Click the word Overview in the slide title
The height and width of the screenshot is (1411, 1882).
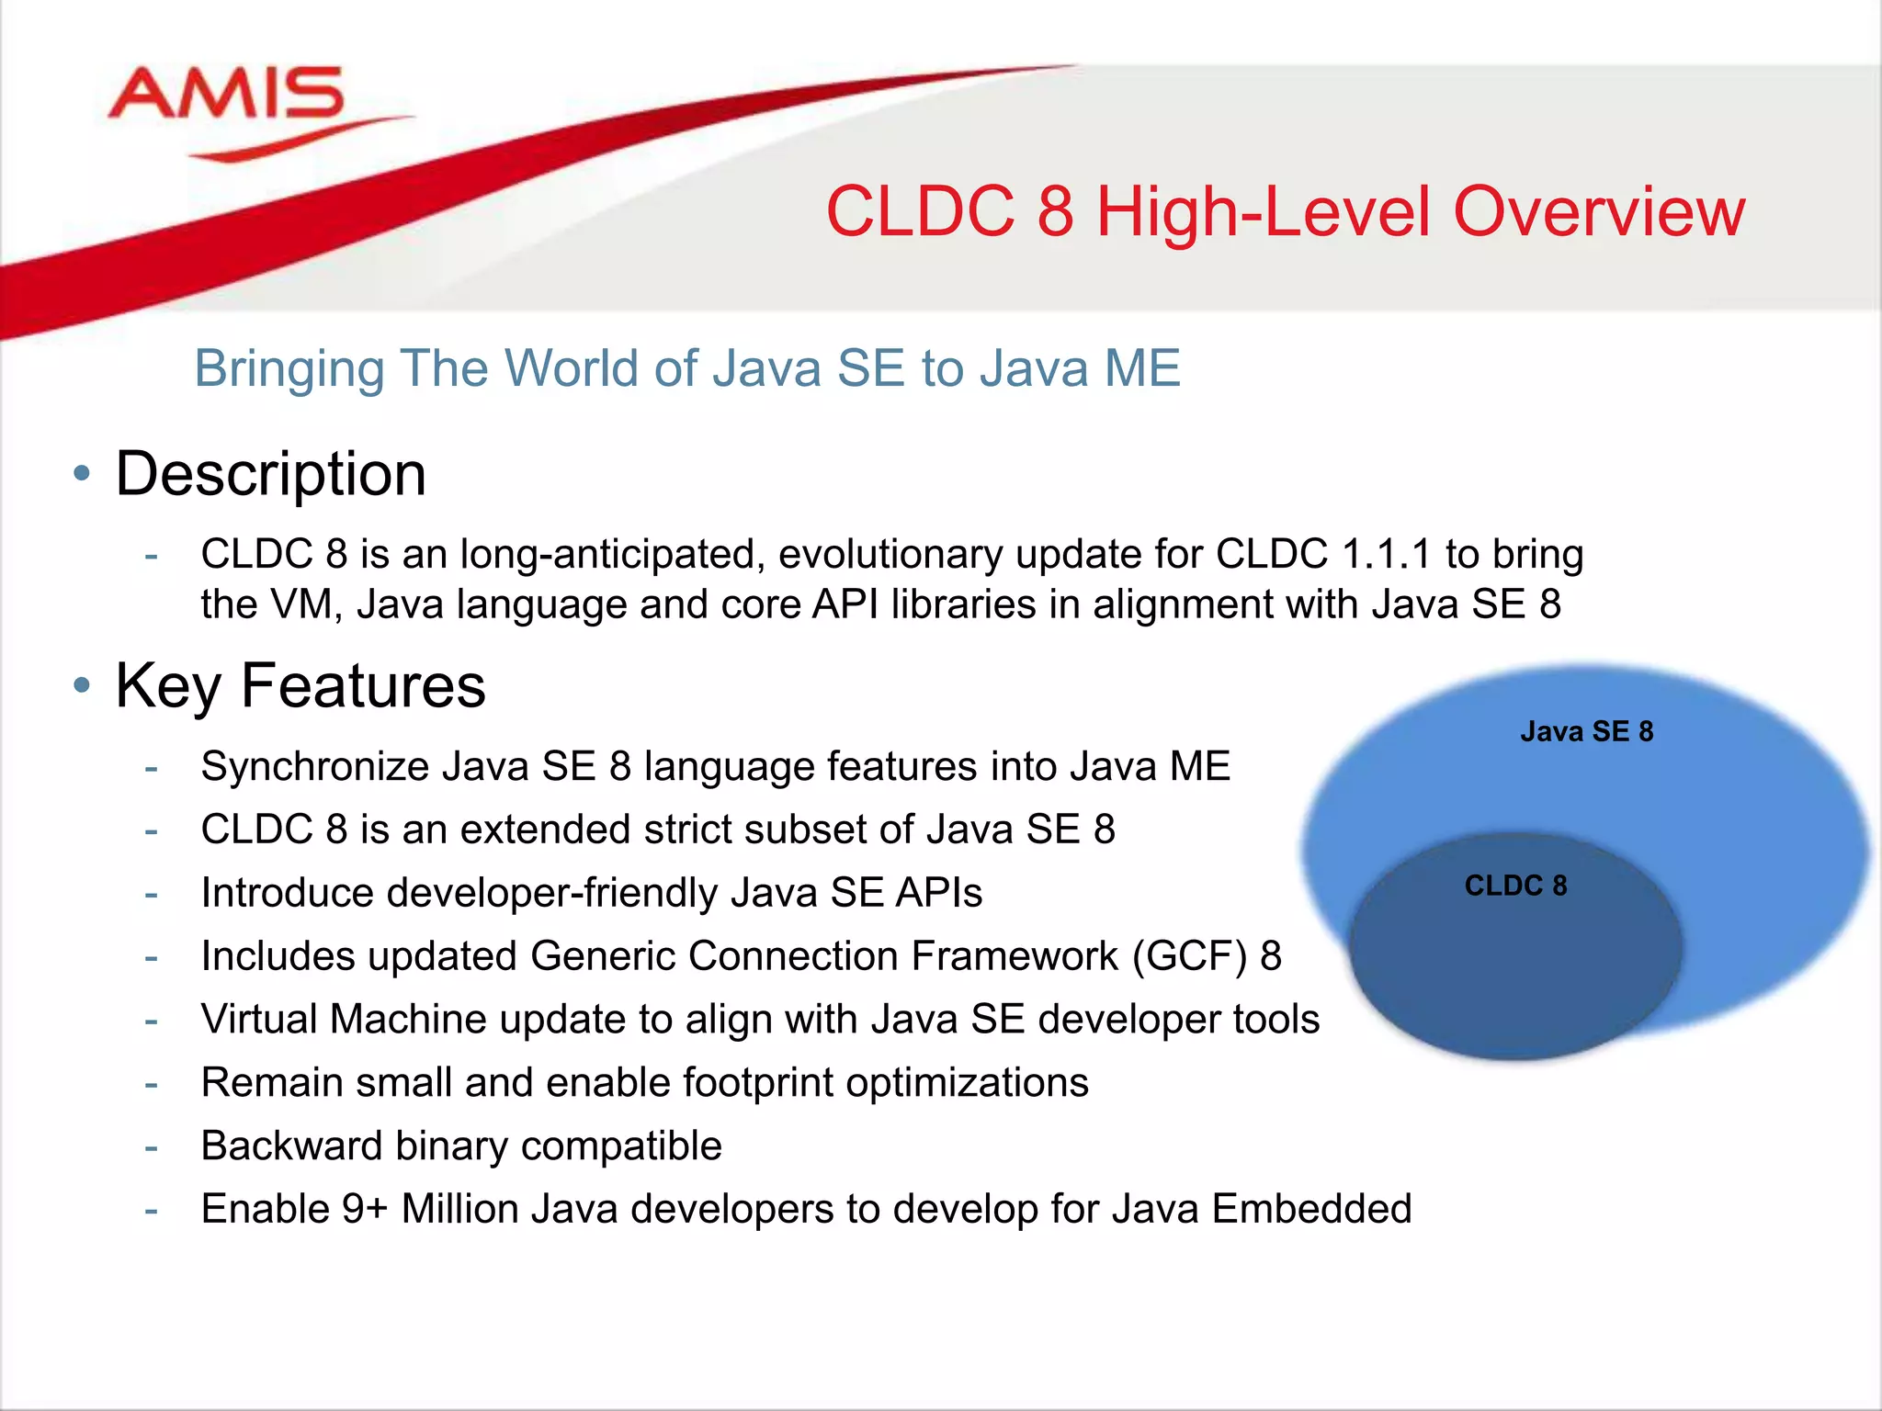click(x=1598, y=212)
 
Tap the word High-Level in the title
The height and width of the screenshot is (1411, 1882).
click(x=1264, y=212)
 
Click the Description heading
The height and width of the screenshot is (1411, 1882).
click(x=270, y=475)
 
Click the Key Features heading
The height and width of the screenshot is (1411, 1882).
click(x=300, y=685)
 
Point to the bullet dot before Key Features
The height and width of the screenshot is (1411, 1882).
click(x=82, y=685)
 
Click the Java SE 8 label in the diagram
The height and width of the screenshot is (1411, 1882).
click(x=1586, y=731)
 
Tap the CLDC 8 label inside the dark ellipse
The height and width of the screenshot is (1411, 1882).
click(x=1515, y=886)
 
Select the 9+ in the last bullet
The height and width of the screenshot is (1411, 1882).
click(x=364, y=1209)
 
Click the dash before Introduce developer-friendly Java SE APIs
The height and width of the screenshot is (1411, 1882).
click(x=151, y=894)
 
